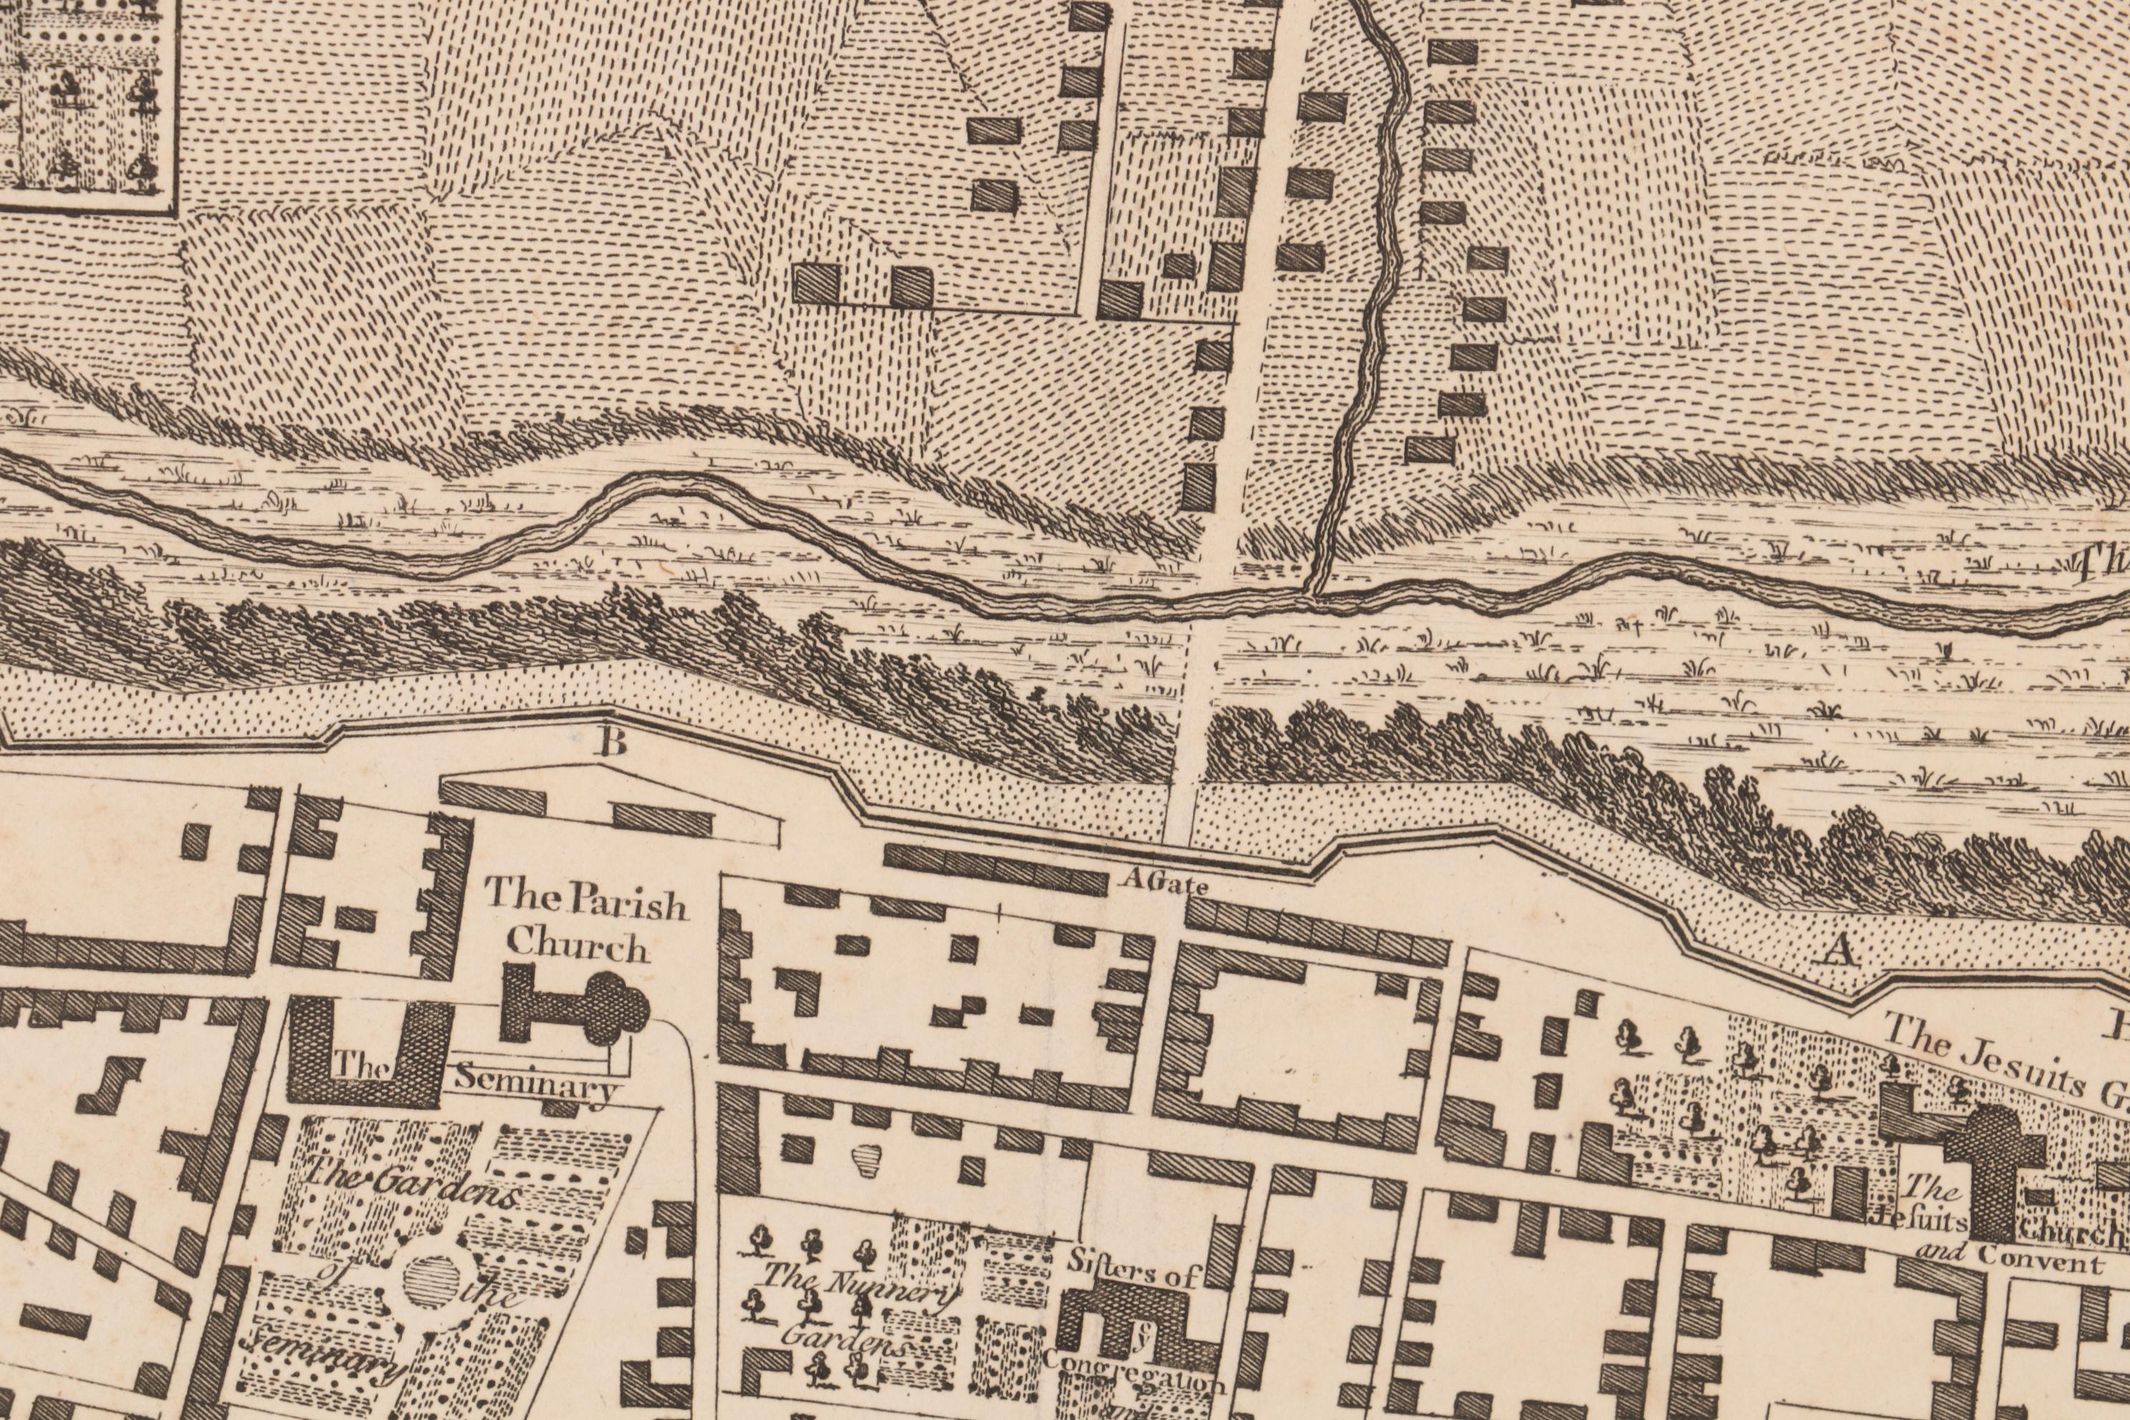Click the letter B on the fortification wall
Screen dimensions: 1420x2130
click(612, 743)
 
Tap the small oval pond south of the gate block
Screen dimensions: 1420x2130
click(867, 1160)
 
